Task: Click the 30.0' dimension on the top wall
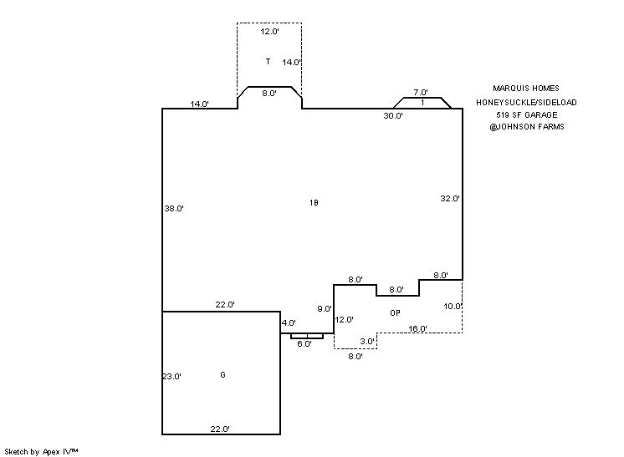click(393, 116)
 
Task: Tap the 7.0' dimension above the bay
click(421, 93)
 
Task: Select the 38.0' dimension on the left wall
click(174, 209)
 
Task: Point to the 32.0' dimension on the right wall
click(450, 198)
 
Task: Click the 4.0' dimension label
click(289, 322)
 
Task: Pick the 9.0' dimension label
click(325, 309)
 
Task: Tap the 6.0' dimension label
click(304, 343)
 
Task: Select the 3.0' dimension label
click(367, 341)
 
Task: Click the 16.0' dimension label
click(418, 328)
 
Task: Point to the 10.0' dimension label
click(453, 307)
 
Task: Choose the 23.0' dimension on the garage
click(171, 377)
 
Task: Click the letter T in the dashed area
click(268, 62)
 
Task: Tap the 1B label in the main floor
click(314, 203)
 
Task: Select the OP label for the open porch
click(395, 312)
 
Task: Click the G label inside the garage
click(222, 374)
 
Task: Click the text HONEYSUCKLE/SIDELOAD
click(526, 102)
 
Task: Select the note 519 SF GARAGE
click(526, 114)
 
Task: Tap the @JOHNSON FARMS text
click(526, 127)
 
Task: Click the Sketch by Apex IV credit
click(42, 451)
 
